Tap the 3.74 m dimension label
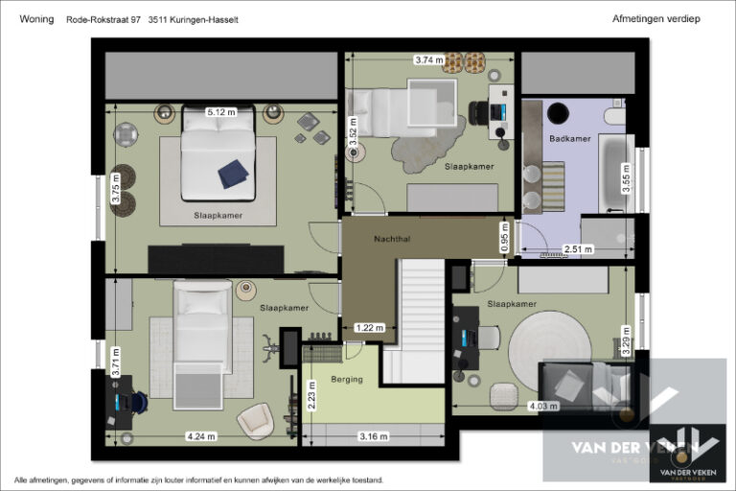click(428, 59)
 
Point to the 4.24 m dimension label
click(200, 436)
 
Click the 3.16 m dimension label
click(374, 436)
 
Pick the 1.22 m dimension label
click(367, 327)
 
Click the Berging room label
click(347, 379)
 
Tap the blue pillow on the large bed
click(233, 174)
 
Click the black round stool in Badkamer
click(557, 113)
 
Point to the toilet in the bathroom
click(615, 118)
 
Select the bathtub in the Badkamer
click(614, 173)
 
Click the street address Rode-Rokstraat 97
click(103, 19)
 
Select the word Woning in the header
click(34, 19)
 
